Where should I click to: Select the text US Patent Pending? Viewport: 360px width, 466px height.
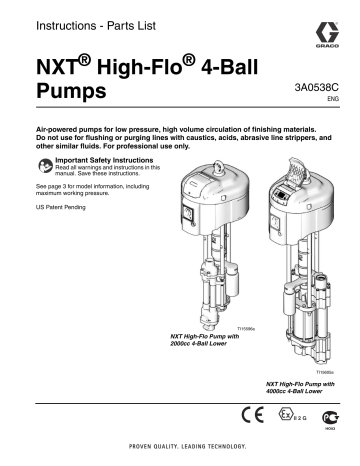(47, 207)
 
